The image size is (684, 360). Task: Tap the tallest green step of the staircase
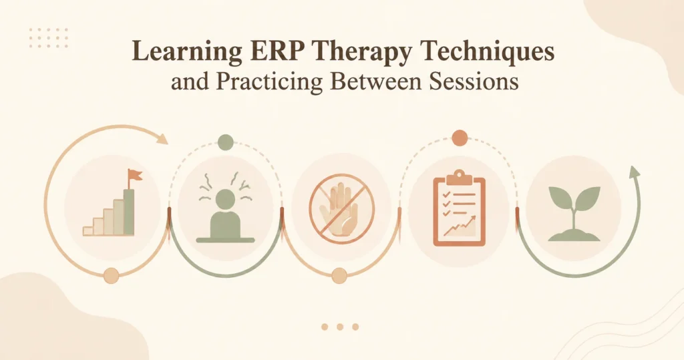coord(129,212)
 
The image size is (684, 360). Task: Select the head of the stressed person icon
coord(225,198)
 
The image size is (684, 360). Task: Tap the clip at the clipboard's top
coord(459,176)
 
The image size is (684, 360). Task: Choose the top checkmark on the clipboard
coord(446,194)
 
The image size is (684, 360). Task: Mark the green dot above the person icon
coord(226,142)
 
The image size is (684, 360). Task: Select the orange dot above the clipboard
coord(460,138)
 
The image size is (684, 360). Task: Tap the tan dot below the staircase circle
coord(112,276)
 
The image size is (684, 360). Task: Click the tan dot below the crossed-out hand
coord(339,276)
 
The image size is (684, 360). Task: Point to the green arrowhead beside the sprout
coord(635,172)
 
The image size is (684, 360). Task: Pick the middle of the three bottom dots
coord(340,327)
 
